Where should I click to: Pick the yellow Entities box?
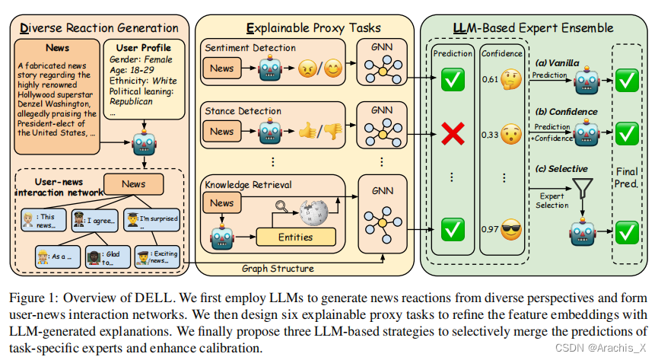(295, 237)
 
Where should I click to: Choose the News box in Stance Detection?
(222, 132)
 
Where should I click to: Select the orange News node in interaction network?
(134, 183)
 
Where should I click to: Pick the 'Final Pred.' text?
(627, 177)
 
